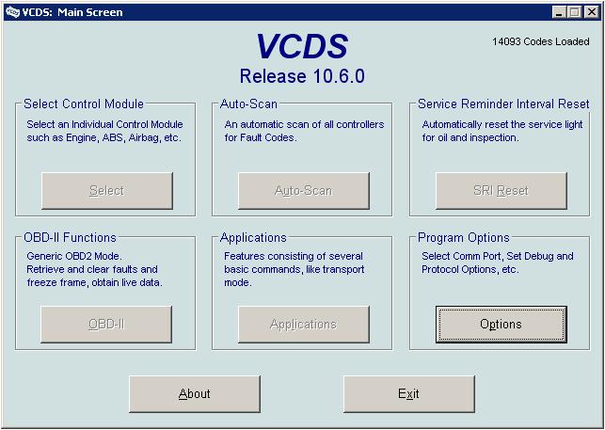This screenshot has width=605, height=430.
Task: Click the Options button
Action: (502, 325)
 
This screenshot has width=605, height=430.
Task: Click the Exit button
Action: (409, 394)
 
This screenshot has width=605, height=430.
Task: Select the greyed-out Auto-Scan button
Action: (304, 191)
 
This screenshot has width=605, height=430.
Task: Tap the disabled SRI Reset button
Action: (502, 191)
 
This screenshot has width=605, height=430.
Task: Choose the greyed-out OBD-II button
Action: (106, 325)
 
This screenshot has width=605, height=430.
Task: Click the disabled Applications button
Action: (304, 325)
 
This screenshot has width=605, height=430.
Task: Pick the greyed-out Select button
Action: (107, 191)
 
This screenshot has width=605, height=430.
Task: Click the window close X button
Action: (591, 12)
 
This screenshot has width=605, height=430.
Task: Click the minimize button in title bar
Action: (558, 12)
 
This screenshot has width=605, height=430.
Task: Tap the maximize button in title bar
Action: (574, 12)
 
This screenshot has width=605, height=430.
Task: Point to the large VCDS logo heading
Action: (302, 46)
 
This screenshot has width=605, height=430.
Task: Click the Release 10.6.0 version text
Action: (302, 76)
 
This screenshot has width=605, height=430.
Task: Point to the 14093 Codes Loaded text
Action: (541, 41)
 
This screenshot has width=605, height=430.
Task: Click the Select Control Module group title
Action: (84, 104)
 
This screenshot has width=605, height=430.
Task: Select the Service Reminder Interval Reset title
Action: (503, 104)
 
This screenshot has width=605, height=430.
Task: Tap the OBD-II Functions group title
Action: (70, 237)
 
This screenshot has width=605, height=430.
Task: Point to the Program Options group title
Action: (464, 237)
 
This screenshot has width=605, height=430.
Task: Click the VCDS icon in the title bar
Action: (12, 12)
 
